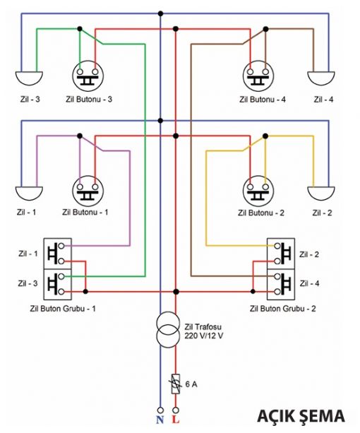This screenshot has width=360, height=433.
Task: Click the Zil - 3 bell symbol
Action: [x=29, y=78]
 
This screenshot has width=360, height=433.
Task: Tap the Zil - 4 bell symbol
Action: [x=321, y=78]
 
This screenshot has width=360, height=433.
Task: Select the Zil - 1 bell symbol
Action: [x=29, y=194]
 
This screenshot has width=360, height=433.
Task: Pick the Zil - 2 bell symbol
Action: [x=321, y=193]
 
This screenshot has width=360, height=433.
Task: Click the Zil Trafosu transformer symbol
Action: [x=168, y=329]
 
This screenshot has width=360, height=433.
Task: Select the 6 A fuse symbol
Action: [x=176, y=384]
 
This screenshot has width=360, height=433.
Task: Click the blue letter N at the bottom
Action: [x=160, y=420]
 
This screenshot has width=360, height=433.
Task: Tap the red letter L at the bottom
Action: [x=176, y=420]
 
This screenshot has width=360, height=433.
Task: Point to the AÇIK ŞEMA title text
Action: [x=301, y=416]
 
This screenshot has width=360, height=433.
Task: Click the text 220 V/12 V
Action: [x=204, y=336]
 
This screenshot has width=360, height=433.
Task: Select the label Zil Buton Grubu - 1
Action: [x=63, y=309]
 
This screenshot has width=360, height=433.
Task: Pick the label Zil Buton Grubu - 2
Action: [x=283, y=309]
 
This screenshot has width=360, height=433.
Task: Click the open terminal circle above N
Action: [x=160, y=410]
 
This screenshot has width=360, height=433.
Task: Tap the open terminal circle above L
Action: [x=176, y=410]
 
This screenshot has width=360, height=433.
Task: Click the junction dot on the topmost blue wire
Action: [x=160, y=13]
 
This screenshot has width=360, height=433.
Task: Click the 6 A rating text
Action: [x=191, y=384]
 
